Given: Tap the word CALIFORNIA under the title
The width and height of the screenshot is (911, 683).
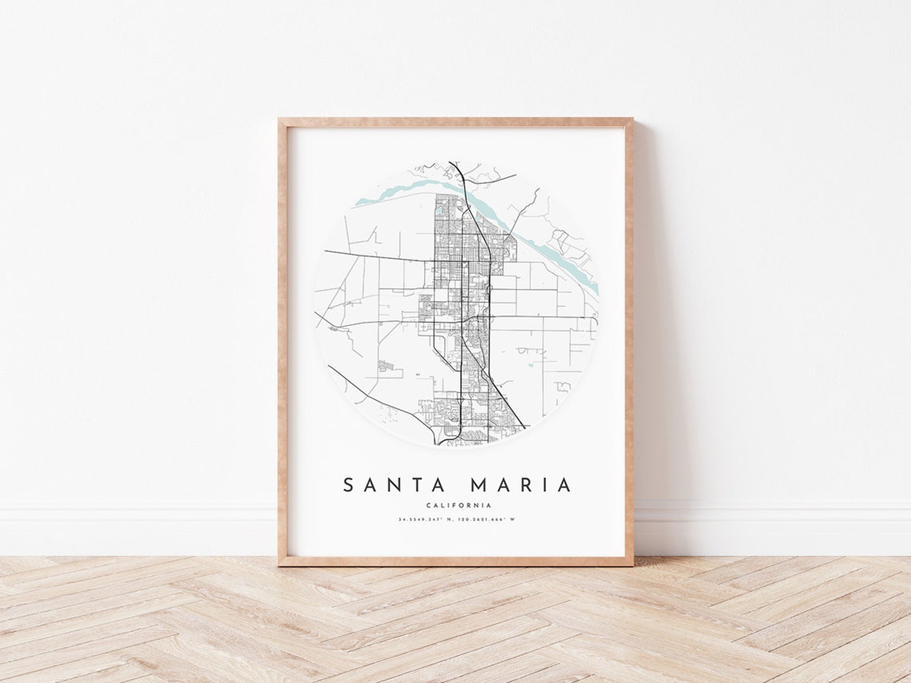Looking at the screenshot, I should tap(458, 506).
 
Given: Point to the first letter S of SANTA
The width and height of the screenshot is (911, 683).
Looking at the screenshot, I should tap(348, 485).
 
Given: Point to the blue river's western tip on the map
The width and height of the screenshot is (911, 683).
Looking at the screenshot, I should tap(359, 201).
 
